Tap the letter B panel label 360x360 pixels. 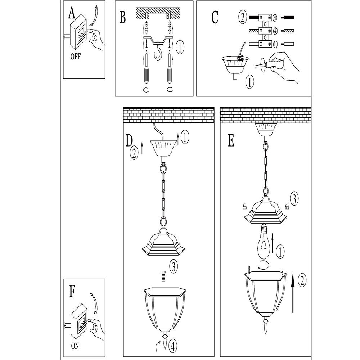123,17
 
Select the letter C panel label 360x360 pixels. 215,17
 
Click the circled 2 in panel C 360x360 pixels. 242,17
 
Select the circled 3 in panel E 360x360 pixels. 294,199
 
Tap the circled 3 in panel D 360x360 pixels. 173,267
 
